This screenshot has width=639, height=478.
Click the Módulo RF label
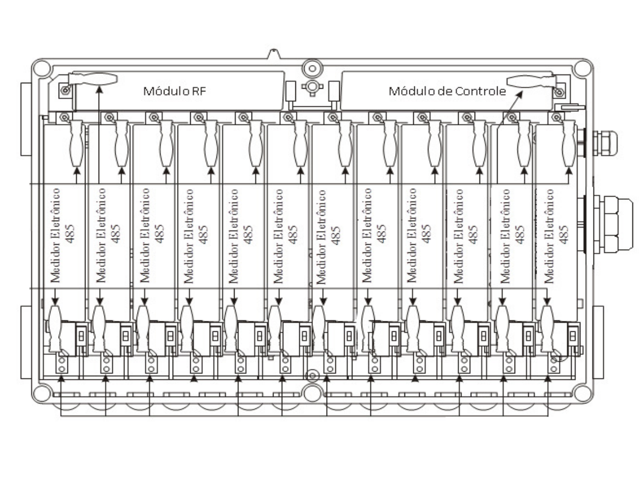pyautogui.click(x=174, y=91)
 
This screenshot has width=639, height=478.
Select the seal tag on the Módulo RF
pyautogui.click(x=93, y=79)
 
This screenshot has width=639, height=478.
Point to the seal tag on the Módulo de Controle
pyautogui.click(x=531, y=81)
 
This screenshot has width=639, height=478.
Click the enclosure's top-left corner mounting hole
pyautogui.click(x=42, y=68)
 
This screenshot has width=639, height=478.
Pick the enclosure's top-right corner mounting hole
pyautogui.click(x=583, y=68)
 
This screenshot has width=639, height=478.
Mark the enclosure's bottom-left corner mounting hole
pyautogui.click(x=42, y=393)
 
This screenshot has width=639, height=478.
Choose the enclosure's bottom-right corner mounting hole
pyautogui.click(x=583, y=393)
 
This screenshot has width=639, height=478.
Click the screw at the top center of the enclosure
pyautogui.click(x=312, y=68)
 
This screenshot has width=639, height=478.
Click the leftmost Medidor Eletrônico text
pyautogui.click(x=55, y=235)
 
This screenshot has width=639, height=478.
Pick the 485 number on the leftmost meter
pyautogui.click(x=70, y=234)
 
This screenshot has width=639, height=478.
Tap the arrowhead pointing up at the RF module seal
pyautogui.click(x=99, y=89)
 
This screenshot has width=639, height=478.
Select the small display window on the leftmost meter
pyautogui.click(x=81, y=336)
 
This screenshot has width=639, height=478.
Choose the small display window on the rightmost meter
pyautogui.click(x=573, y=336)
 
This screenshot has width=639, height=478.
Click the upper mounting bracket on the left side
pyautogui.click(x=26, y=119)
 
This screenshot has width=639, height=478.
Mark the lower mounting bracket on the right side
pyautogui.click(x=598, y=342)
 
